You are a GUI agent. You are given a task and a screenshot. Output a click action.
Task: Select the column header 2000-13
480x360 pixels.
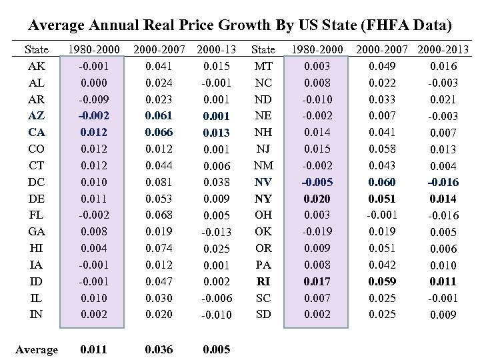pyautogui.click(x=215, y=49)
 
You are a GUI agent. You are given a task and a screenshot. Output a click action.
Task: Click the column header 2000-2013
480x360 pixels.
pyautogui.click(x=444, y=49)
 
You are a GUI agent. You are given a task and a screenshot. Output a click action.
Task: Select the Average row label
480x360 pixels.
pyautogui.click(x=36, y=349)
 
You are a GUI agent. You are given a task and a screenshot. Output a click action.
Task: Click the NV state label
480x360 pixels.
pyautogui.click(x=263, y=181)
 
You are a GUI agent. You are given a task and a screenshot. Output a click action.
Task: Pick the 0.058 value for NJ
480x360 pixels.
pyautogui.click(x=382, y=148)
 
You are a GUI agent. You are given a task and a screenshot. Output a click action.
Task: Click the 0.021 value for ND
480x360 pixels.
pyautogui.click(x=443, y=99)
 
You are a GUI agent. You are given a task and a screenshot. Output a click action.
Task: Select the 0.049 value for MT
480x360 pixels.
pyautogui.click(x=382, y=65)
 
